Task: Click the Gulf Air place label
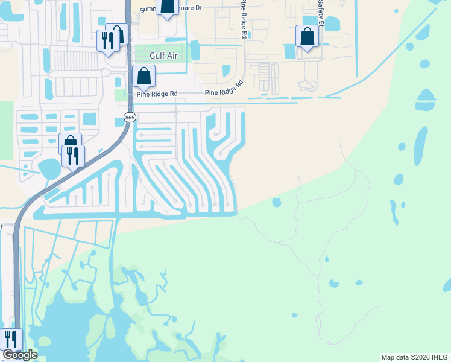coord(147,56)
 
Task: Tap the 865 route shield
coord(130,117)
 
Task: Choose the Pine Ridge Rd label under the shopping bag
coord(157,94)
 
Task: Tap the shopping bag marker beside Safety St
coord(307,36)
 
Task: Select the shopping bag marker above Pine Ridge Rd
coord(143,76)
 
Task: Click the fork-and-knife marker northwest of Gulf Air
coord(108,41)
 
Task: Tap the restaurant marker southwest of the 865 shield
coord(73,156)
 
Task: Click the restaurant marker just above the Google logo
coord(11,339)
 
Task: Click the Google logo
coord(19,355)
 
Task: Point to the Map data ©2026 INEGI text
coord(415,357)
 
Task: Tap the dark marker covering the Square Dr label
coord(167,5)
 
